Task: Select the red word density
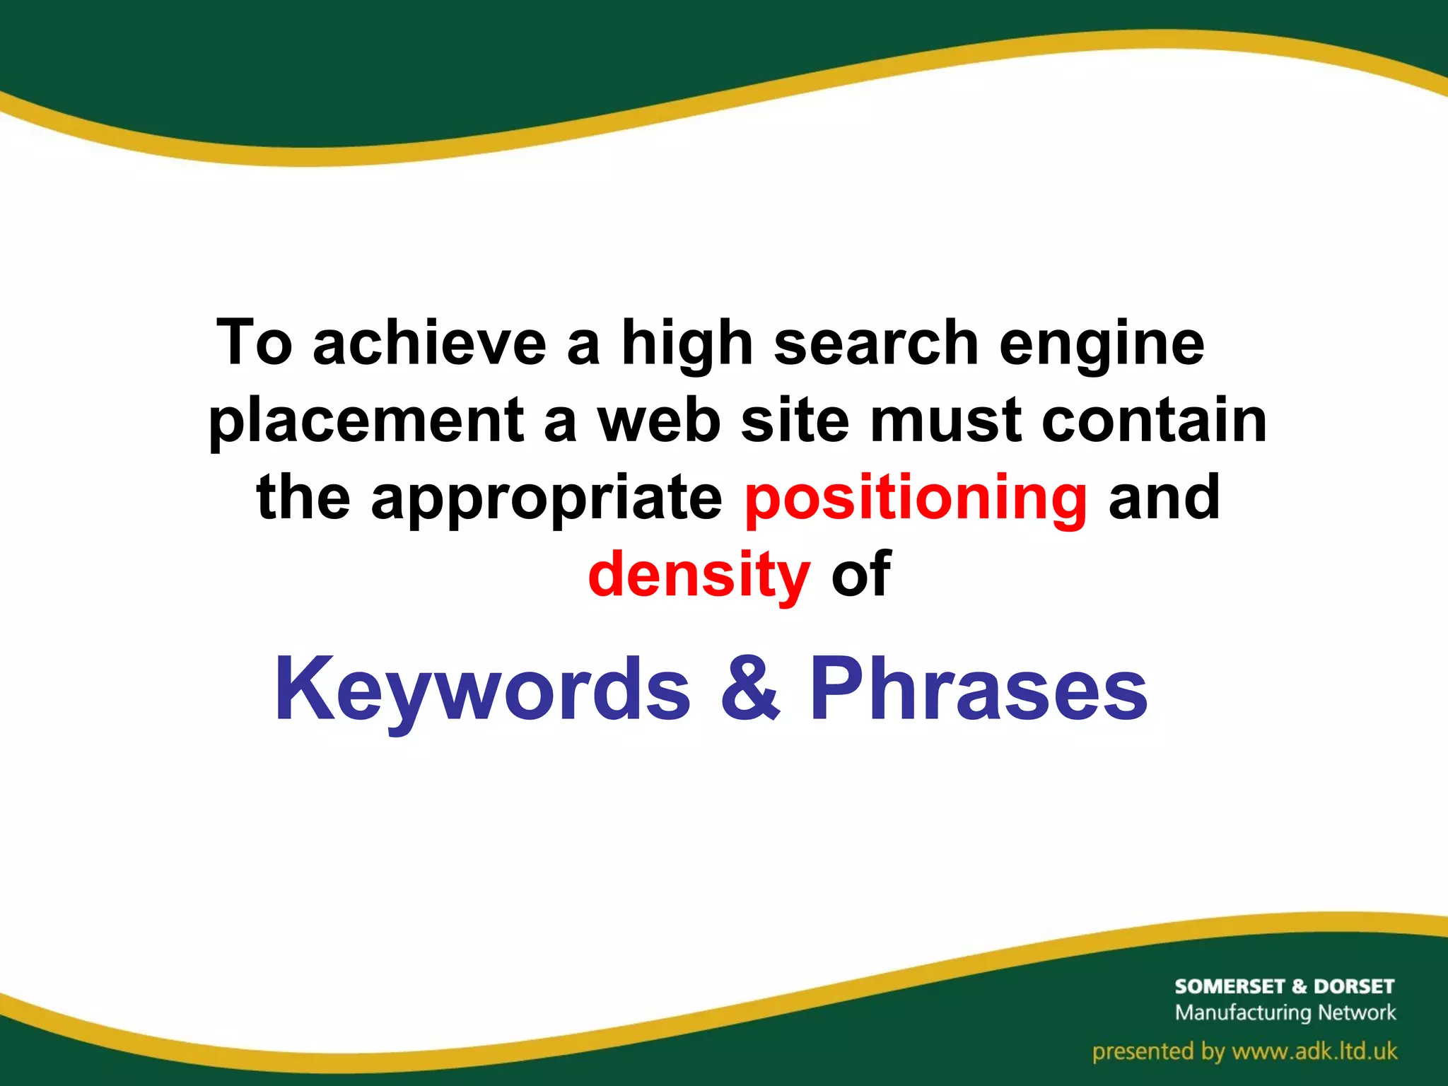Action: point(699,574)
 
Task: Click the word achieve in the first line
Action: point(429,344)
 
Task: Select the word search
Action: point(876,344)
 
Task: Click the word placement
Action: point(366,422)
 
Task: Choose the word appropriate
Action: point(547,499)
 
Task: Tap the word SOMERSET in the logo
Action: point(1229,986)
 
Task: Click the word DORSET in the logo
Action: point(1353,986)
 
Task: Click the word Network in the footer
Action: point(1357,1012)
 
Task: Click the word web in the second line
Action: point(658,421)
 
